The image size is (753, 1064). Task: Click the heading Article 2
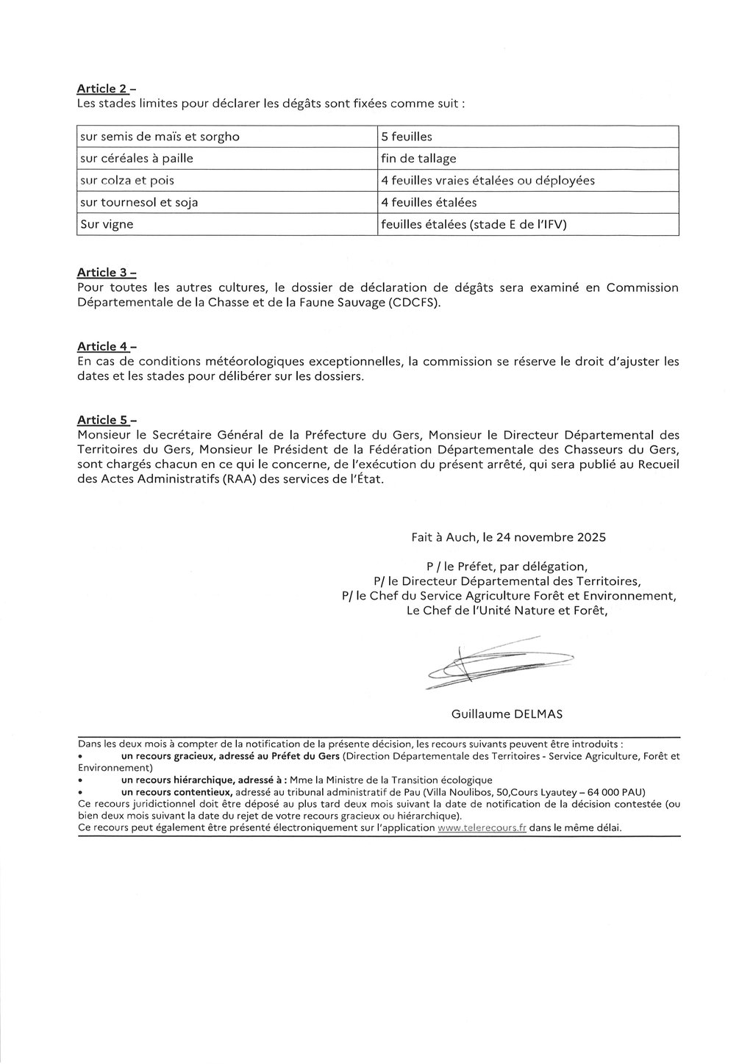(103, 89)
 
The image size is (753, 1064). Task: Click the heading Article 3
(103, 273)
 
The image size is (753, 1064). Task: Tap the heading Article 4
(103, 346)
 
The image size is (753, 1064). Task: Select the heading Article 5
(103, 420)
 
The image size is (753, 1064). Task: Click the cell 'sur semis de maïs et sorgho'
(160, 137)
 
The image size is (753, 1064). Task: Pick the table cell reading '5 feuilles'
(407, 137)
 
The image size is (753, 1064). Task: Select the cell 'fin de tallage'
(418, 159)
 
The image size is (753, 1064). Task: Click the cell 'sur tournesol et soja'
(139, 202)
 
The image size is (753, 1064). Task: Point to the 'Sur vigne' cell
(107, 224)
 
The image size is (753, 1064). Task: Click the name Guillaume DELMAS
(507, 713)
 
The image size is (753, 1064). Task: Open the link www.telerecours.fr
(482, 827)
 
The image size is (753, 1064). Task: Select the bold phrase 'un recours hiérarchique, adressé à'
(194, 780)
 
